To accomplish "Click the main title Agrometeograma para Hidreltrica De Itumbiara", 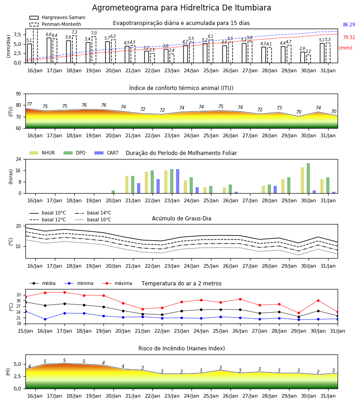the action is [181, 8].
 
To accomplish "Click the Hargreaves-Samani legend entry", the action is [57, 17].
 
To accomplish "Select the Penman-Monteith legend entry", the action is [55, 24].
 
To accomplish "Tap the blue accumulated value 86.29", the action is [349, 25].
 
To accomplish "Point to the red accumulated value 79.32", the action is [349, 37].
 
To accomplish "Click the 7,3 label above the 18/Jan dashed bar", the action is [74, 32].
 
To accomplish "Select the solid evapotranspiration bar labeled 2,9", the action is [303, 57].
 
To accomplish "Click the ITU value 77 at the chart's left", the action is [29, 104].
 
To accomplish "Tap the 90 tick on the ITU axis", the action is [19, 94].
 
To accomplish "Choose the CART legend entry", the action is [107, 153].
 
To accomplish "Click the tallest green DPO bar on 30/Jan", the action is [308, 178].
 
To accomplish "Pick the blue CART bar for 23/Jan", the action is [177, 181].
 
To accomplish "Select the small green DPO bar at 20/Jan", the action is [113, 192].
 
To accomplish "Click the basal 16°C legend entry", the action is [93, 219].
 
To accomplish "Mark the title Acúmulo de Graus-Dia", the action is [181, 219].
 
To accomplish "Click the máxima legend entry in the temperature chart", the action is [117, 283].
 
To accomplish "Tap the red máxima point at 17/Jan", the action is [64, 292].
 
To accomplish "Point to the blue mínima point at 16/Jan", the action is [45, 319].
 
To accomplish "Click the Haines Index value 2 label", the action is [318, 372].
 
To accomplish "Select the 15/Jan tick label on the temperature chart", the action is [25, 331].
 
